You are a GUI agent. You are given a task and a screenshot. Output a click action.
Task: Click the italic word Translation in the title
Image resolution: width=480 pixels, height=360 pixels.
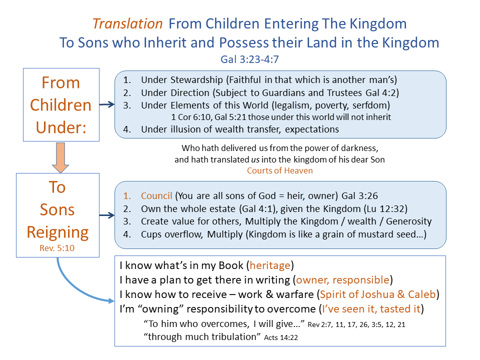127,23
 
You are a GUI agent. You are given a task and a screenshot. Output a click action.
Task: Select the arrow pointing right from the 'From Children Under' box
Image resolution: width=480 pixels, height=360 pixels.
106,104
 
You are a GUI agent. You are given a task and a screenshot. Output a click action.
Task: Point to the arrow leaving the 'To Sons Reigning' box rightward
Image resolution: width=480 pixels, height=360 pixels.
106,215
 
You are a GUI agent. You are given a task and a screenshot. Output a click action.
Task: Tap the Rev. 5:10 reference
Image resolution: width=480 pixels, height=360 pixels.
57,247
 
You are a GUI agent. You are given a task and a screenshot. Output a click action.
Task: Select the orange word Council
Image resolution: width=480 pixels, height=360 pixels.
156,195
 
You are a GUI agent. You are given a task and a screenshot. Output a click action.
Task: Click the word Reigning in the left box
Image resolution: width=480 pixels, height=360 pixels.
57,232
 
